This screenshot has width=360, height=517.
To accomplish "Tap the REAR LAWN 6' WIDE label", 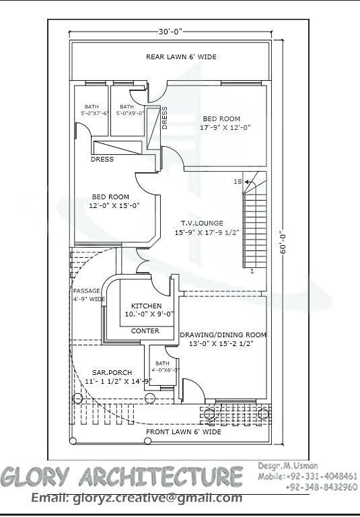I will point(181,57).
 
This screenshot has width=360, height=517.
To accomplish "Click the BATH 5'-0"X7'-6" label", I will point(92,110).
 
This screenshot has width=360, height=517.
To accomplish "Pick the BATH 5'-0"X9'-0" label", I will point(127,110).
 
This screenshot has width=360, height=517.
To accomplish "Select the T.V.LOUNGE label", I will point(201,228).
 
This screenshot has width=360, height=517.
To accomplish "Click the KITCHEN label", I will point(146,310).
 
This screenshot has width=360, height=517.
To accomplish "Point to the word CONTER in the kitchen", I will point(145,331).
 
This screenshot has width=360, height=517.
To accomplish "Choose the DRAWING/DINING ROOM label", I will point(223,339).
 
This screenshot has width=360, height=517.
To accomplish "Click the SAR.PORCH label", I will point(112,376).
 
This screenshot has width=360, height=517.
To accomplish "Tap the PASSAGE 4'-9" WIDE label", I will point(87,295).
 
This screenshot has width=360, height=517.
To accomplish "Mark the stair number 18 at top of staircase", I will point(237,182).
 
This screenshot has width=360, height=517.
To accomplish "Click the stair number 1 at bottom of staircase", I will point(252,271).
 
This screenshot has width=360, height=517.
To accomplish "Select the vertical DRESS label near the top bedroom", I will point(165,116).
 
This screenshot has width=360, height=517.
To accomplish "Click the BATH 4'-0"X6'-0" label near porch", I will point(165,366).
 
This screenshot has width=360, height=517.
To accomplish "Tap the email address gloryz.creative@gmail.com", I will point(137,497).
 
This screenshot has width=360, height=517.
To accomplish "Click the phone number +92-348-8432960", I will point(322,487).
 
